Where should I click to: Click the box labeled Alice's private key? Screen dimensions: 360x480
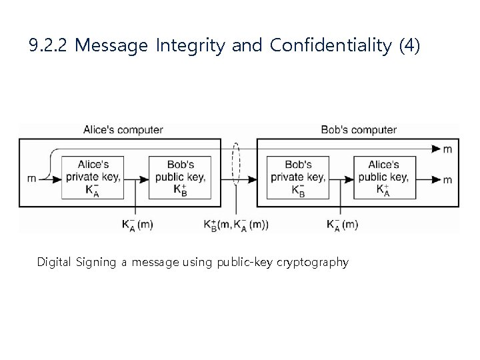pos(93,178)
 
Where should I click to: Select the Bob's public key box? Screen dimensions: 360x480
pos(180,178)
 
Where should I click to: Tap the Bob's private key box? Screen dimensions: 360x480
pos(297,178)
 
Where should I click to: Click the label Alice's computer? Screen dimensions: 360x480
pos(123,130)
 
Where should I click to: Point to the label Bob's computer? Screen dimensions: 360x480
pos(359,130)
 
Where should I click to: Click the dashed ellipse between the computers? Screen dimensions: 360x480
pos(235,163)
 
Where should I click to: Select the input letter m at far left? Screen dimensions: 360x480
pos(31,179)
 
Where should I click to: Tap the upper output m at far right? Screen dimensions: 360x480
pos(447,149)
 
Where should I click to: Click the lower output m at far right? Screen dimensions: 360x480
pos(447,179)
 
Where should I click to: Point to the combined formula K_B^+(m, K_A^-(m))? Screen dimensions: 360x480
pos(236,225)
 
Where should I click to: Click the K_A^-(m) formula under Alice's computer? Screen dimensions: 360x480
pos(137,225)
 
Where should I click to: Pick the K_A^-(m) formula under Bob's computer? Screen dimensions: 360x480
pos(342,225)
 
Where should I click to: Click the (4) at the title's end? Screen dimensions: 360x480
pos(409,46)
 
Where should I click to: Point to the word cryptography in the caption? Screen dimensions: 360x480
pos(315,262)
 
